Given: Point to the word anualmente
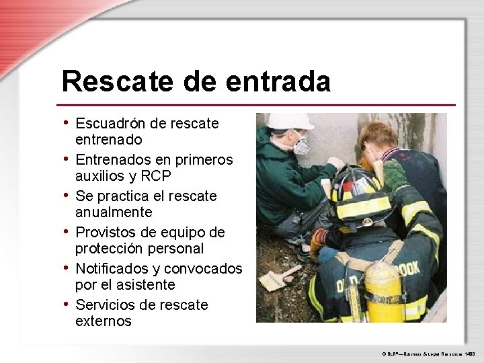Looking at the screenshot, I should click(115, 212).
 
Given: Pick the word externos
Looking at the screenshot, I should click(104, 321).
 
